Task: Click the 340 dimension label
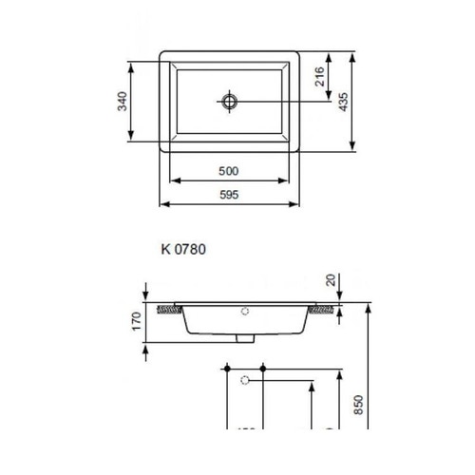(122, 102)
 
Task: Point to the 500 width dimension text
(228, 171)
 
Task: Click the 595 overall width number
(228, 194)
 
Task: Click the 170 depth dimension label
(136, 321)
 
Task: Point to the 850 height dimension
(357, 406)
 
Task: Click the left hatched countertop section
(169, 309)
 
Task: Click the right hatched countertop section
(325, 309)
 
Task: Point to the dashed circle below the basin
(246, 381)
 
